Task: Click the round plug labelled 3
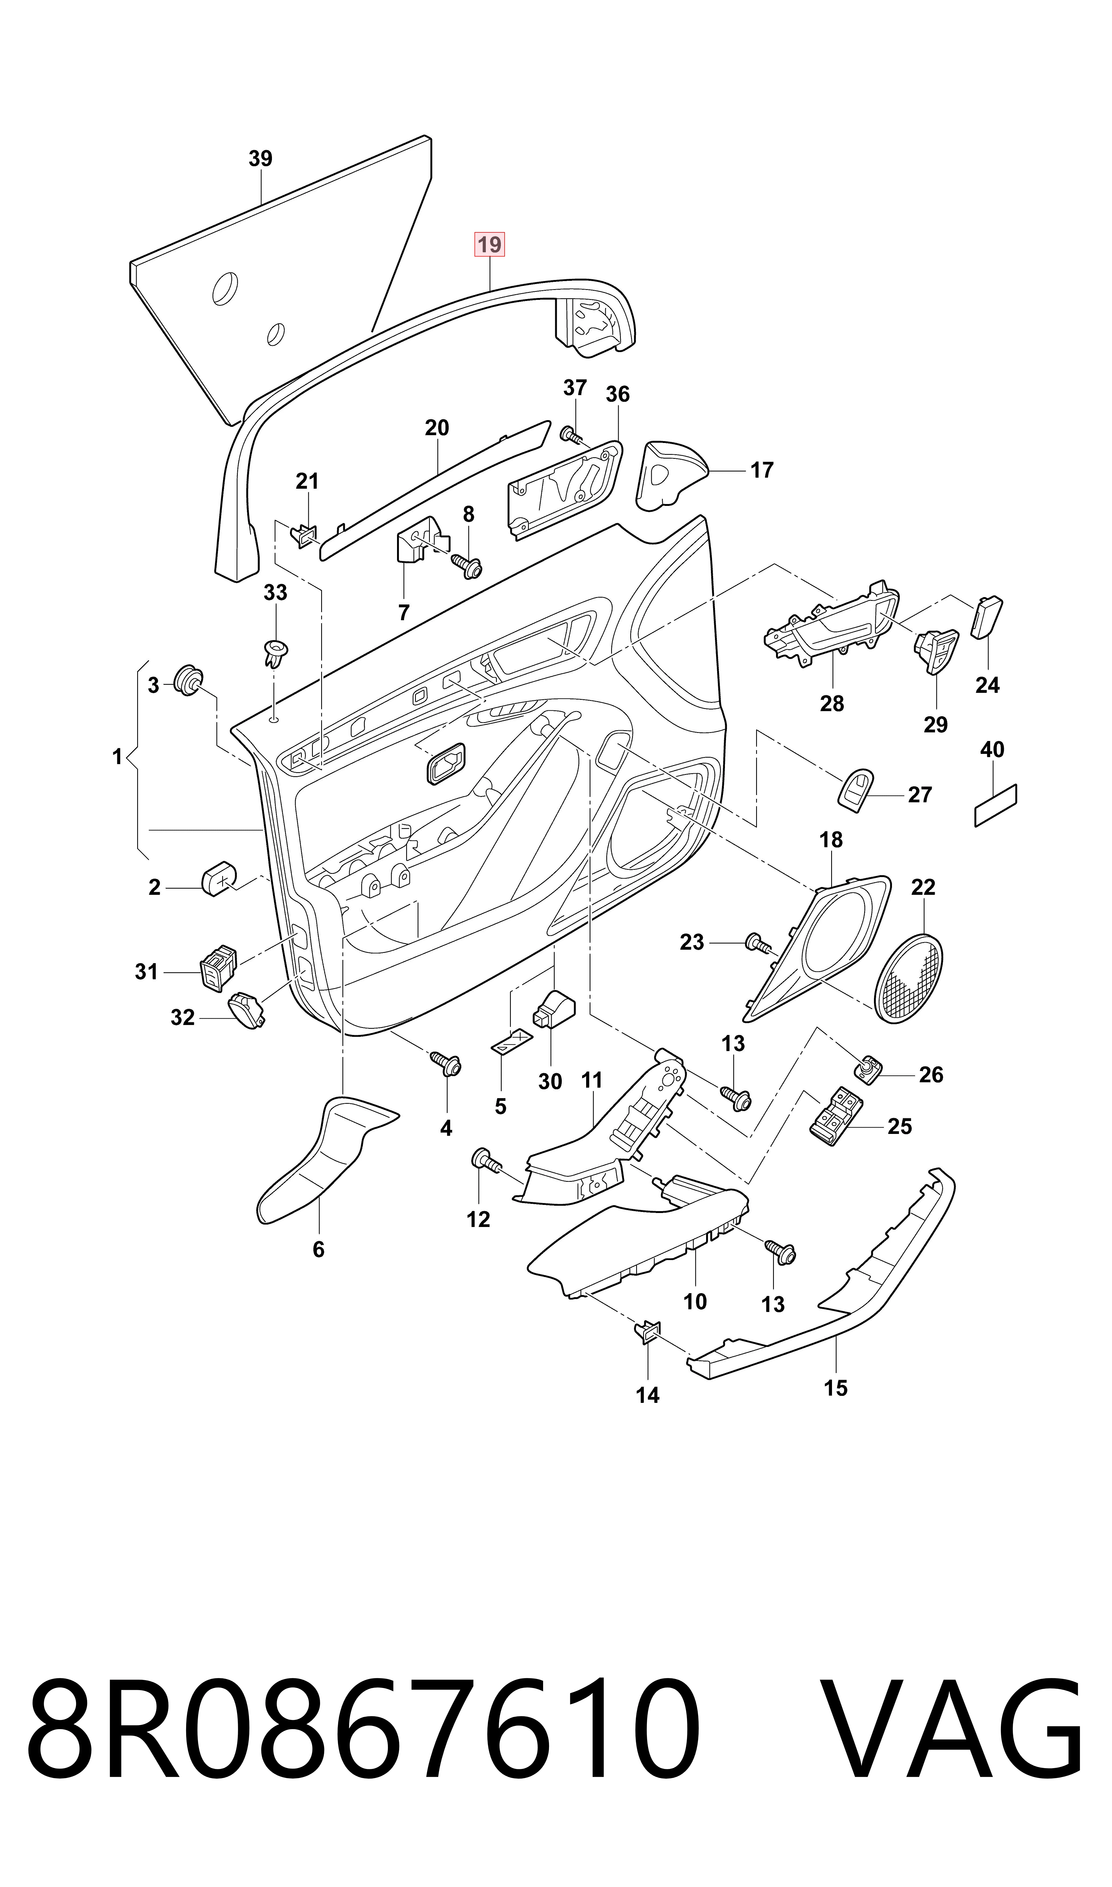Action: point(188,679)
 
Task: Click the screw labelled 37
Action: point(572,434)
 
